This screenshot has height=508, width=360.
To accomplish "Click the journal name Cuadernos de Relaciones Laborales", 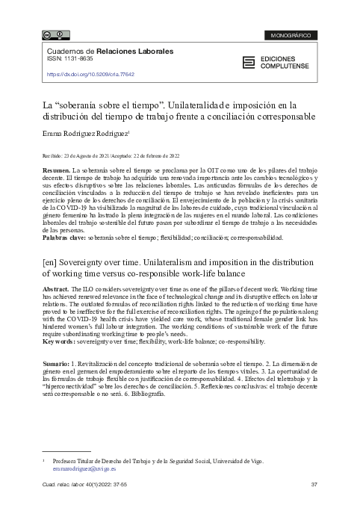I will click(110, 52).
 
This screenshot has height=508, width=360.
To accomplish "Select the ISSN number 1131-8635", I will click(76, 60).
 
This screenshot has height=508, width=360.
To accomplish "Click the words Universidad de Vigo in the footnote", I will click(237, 462).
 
